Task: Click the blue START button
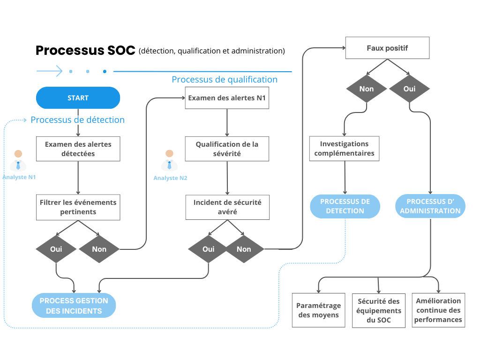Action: (x=78, y=98)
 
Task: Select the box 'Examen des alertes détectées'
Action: (x=78, y=149)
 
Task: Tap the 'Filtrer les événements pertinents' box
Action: (x=78, y=207)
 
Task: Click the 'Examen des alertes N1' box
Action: (x=227, y=98)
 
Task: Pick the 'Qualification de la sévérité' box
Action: (x=227, y=149)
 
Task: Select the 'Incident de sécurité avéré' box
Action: (x=227, y=207)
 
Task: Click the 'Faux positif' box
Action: (x=387, y=48)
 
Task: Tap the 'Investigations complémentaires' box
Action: (x=344, y=149)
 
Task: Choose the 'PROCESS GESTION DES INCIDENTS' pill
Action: (x=74, y=306)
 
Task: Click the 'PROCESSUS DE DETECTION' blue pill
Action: (x=345, y=206)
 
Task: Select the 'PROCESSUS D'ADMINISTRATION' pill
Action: (x=430, y=206)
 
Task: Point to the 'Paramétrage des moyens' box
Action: (x=318, y=310)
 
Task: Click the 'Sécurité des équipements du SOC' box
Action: (x=378, y=311)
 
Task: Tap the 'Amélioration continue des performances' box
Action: (x=438, y=310)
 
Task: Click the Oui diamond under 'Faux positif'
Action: (x=409, y=89)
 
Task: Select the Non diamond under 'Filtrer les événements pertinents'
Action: (x=99, y=249)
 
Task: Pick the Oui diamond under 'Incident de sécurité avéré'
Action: (x=208, y=249)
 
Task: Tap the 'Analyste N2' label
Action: (x=170, y=178)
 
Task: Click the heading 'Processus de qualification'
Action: (x=225, y=79)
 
